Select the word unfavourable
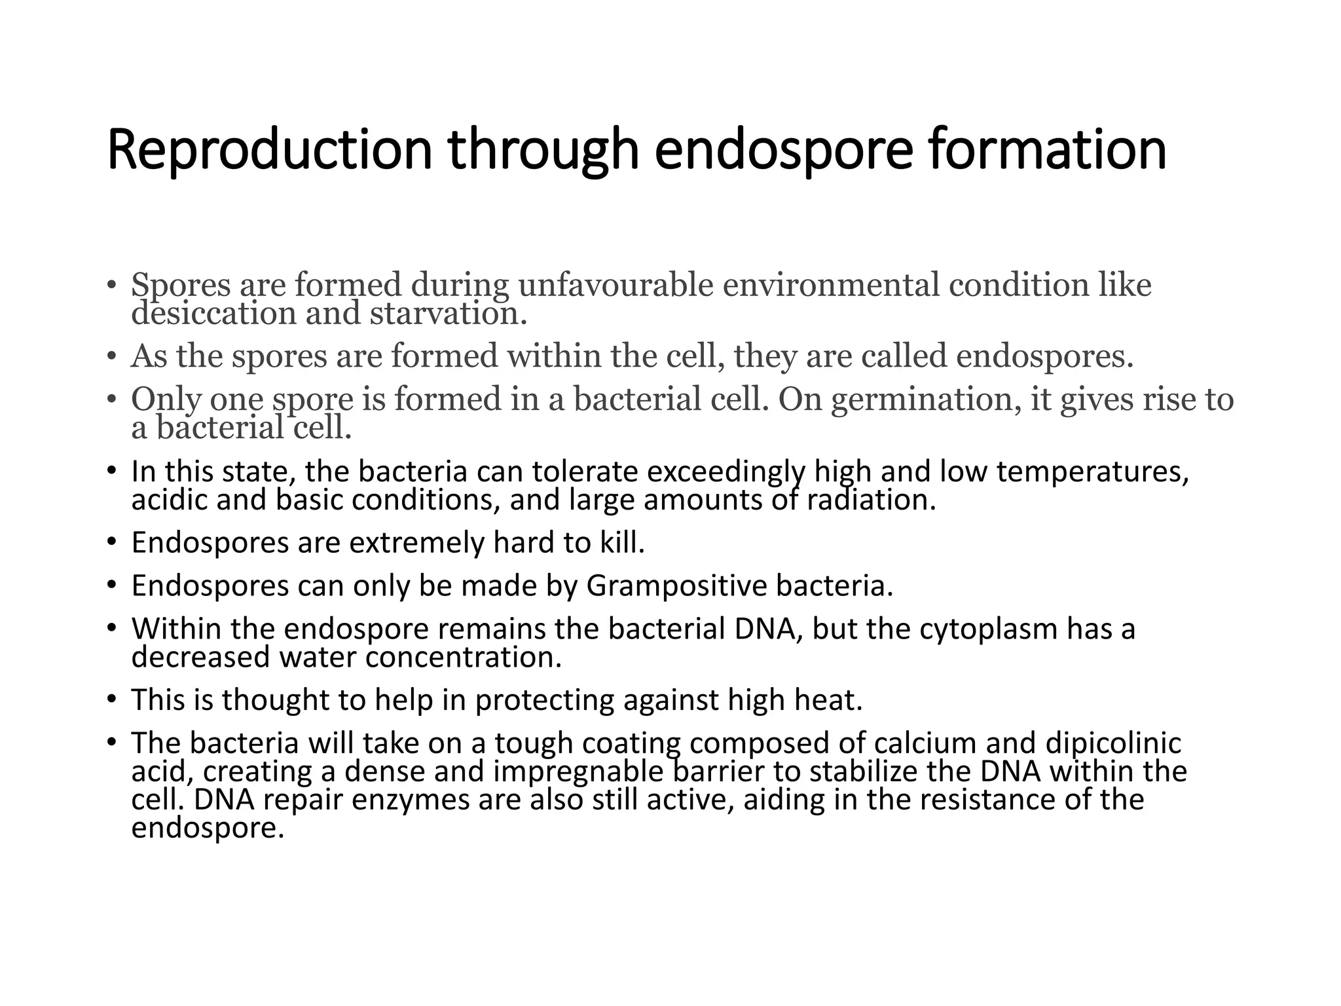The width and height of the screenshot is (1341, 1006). (615, 285)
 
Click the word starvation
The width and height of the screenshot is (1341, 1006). (448, 313)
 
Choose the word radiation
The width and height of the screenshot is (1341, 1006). (871, 500)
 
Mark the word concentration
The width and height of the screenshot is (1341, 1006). (464, 658)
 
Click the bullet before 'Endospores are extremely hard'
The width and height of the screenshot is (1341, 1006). (111, 543)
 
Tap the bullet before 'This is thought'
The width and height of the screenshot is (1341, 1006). (111, 700)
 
